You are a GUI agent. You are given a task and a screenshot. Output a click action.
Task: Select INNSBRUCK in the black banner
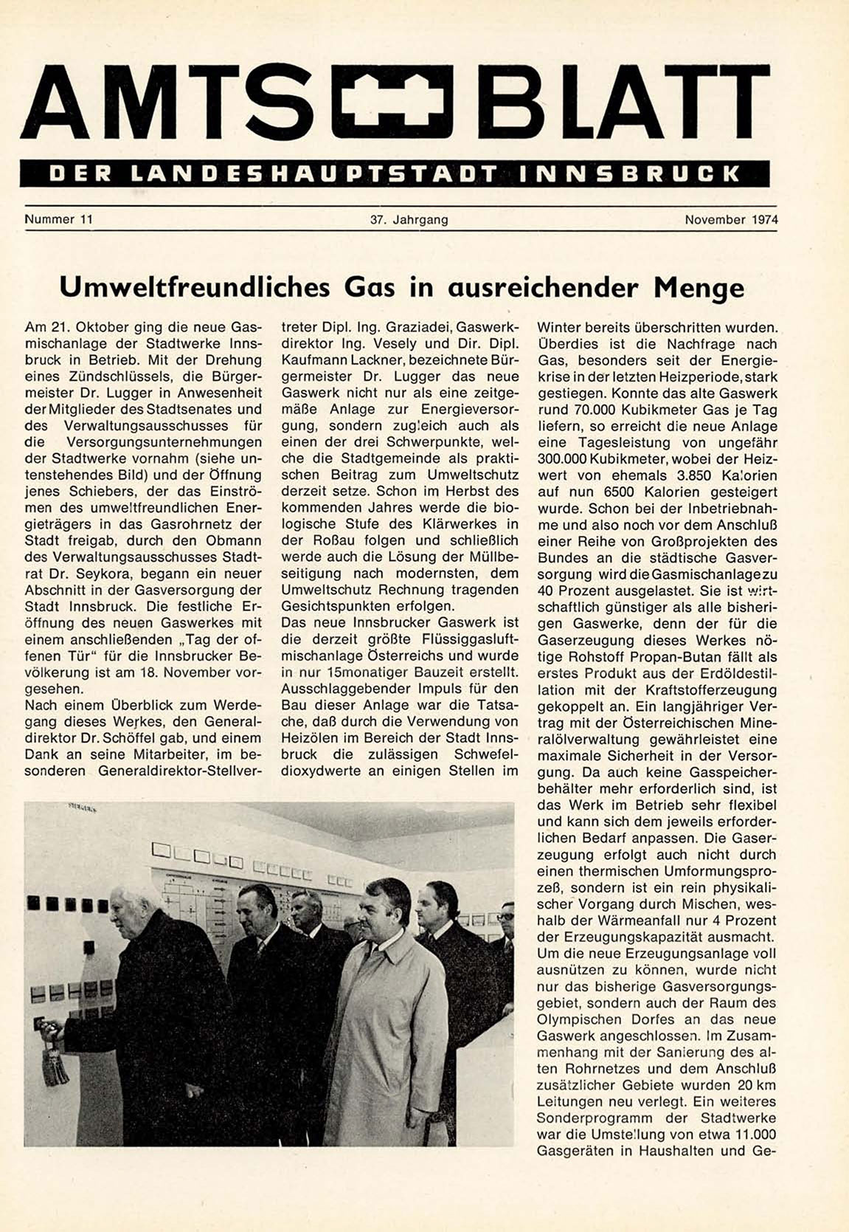point(629,173)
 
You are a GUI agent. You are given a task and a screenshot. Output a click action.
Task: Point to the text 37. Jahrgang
point(409,219)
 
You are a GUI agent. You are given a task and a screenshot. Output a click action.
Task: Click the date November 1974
point(730,219)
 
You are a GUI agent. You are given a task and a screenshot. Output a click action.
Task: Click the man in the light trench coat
point(387,1033)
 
